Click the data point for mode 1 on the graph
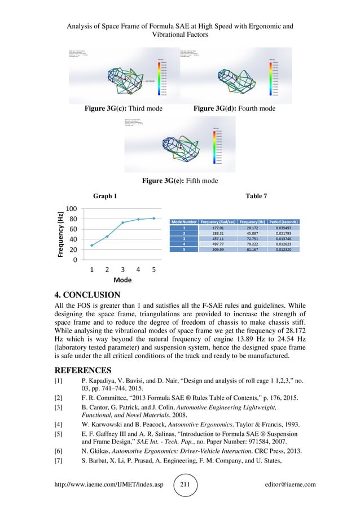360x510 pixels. click(x=92, y=245)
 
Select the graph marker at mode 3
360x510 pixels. click(x=123, y=223)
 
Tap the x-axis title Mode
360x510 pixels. click(x=122, y=280)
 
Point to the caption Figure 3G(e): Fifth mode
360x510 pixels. click(x=180, y=181)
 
